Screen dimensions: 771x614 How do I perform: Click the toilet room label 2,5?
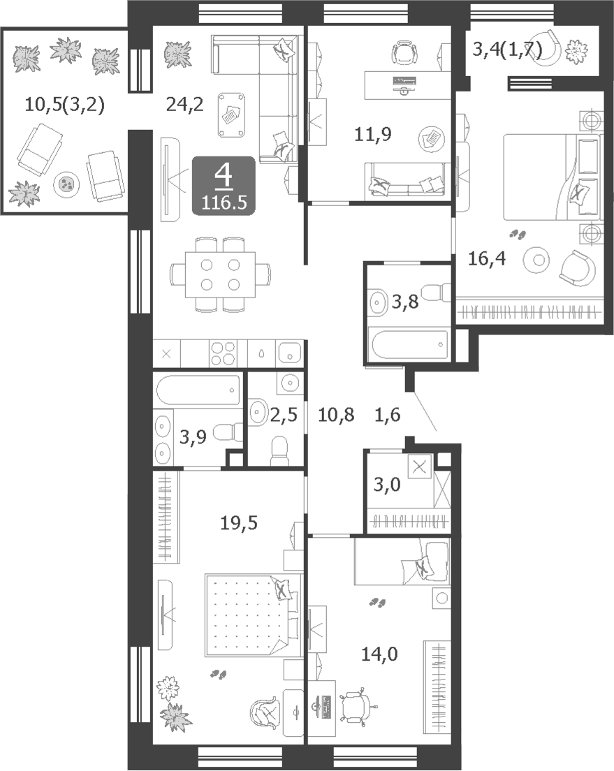click(284, 415)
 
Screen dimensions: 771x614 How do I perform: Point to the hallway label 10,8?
click(336, 415)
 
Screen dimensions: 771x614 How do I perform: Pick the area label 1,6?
click(387, 415)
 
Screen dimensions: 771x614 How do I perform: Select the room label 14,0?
click(380, 654)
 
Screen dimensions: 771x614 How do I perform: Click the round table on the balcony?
click(67, 184)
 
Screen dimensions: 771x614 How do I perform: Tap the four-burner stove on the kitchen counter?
click(223, 353)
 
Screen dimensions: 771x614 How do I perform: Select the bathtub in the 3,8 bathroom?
click(409, 344)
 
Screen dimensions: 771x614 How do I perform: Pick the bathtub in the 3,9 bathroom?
click(198, 390)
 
